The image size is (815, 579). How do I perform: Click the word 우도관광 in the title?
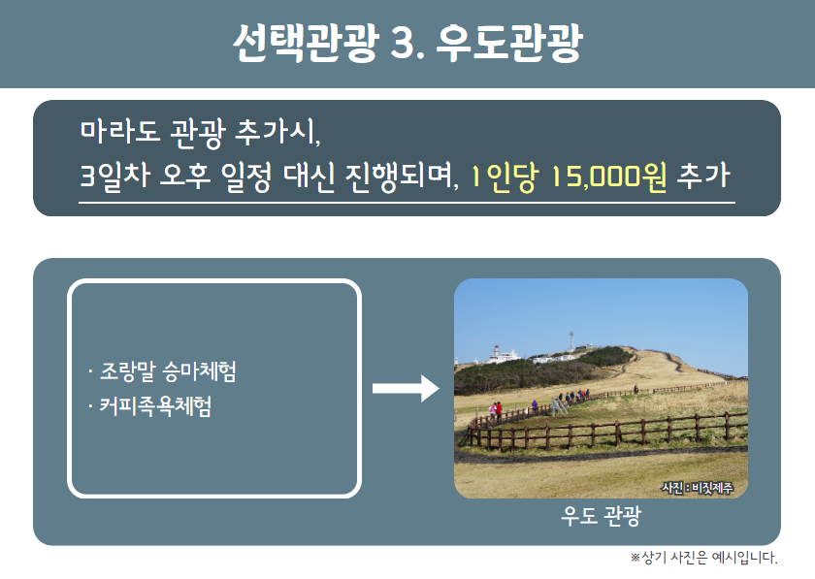pos(508,43)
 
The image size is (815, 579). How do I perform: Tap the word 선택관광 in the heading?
pos(305,43)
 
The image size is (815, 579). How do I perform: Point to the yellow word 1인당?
pos(504,177)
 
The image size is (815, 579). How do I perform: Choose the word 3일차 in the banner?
pos(114,177)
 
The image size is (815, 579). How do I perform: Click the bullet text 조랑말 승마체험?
pos(168,371)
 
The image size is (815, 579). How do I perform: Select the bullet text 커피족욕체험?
pos(155,406)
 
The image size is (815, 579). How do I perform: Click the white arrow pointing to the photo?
pos(406,388)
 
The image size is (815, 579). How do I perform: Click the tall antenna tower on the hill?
pos(571,341)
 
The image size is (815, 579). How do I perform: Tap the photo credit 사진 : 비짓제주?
pos(697,488)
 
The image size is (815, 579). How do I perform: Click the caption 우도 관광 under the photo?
pos(601,516)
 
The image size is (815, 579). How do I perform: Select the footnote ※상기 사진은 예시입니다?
pos(703,558)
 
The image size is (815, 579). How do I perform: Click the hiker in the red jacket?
pos(499,410)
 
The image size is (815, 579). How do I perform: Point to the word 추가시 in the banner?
pos(278,132)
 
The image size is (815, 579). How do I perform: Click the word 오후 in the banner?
pos(185,177)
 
